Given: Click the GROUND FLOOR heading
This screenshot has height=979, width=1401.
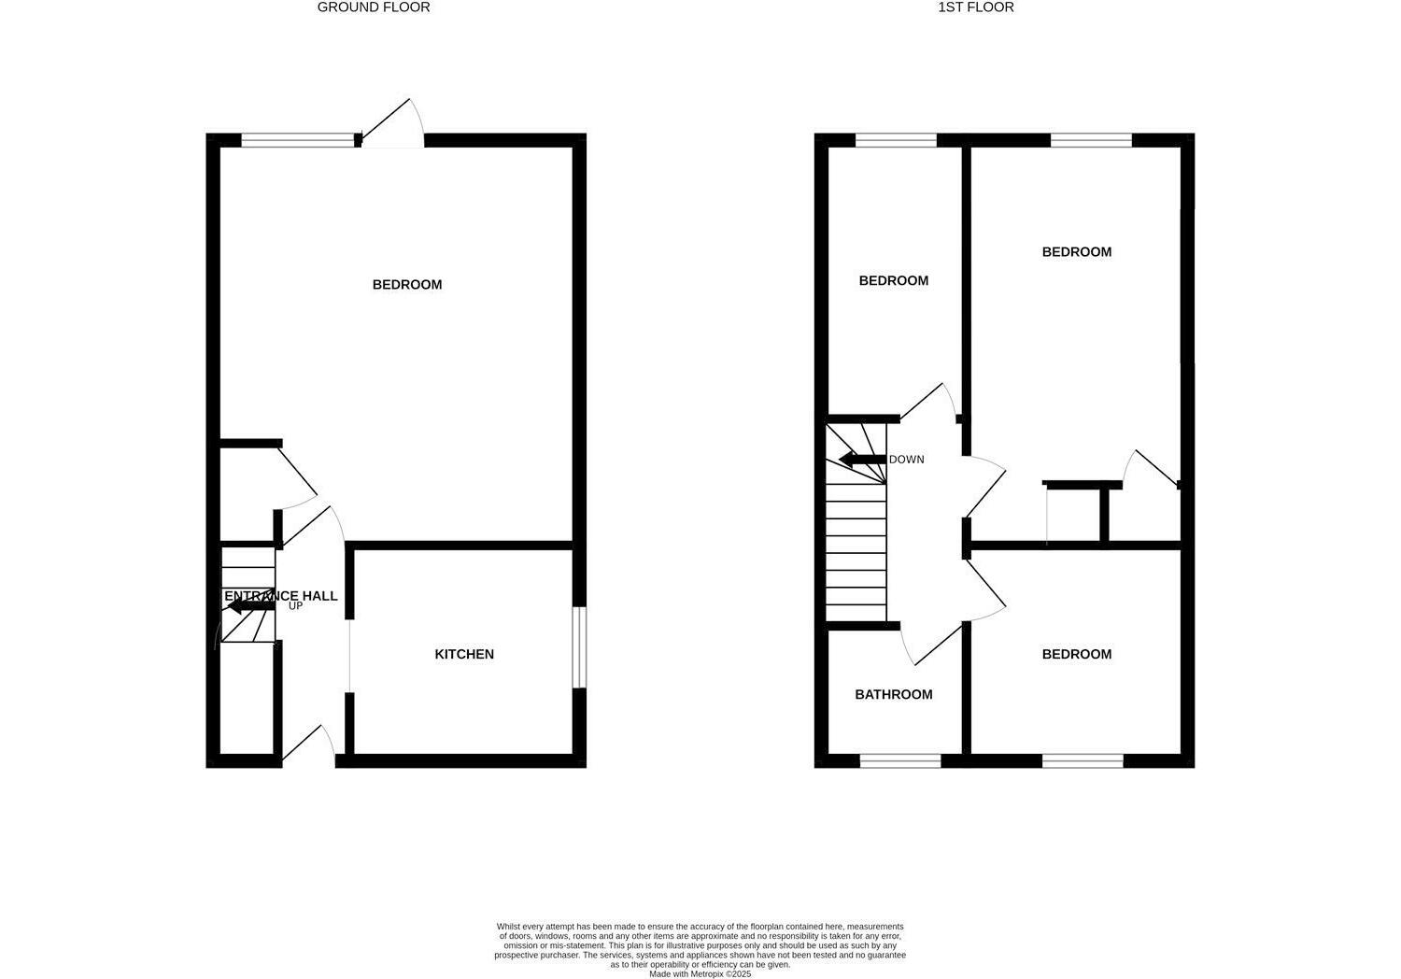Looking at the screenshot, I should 374,7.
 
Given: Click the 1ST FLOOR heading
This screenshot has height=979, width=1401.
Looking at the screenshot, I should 976,7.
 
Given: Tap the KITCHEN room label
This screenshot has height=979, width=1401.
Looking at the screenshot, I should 464,654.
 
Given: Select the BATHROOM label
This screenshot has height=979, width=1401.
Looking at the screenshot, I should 894,694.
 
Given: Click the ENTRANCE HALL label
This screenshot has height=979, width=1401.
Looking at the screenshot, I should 280,596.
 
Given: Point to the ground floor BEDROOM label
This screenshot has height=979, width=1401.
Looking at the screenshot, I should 407,284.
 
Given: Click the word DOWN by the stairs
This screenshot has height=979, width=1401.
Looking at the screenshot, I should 906,460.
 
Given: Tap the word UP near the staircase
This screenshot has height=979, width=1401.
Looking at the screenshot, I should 295,606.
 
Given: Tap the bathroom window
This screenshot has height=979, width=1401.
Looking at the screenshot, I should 900,761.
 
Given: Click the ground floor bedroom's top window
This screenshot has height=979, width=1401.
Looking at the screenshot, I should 298,141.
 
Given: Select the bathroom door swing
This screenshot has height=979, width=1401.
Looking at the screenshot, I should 929,644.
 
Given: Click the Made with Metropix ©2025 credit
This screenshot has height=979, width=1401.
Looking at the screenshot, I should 700,973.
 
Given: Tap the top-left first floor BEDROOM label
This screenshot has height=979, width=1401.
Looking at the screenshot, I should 894,280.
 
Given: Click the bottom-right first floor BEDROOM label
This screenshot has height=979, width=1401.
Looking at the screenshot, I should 1077,654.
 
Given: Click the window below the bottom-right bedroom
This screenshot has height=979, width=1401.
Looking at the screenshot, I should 1083,761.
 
